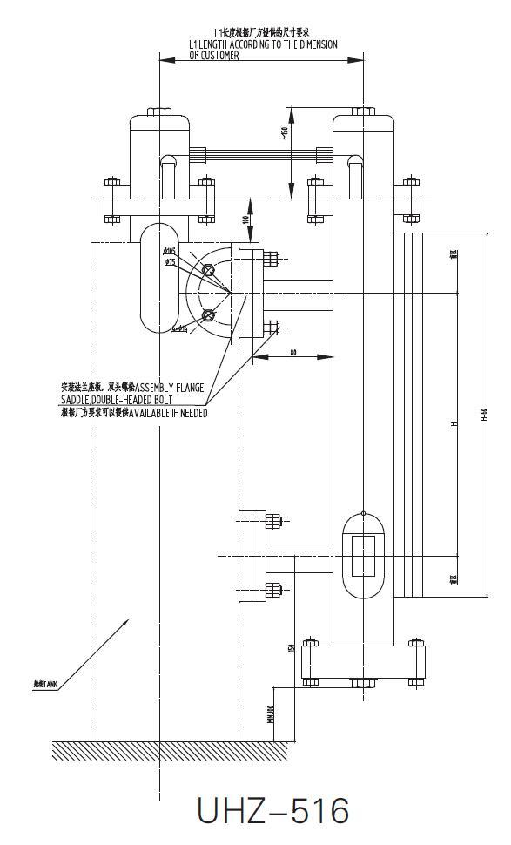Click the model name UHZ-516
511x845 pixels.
[272, 811]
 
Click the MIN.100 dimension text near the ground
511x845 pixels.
[272, 713]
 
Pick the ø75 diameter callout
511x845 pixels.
[170, 261]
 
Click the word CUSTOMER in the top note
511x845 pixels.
[214, 56]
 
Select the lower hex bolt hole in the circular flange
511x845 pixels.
[207, 314]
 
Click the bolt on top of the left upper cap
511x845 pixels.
[159, 112]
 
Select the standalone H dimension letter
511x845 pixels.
[453, 425]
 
